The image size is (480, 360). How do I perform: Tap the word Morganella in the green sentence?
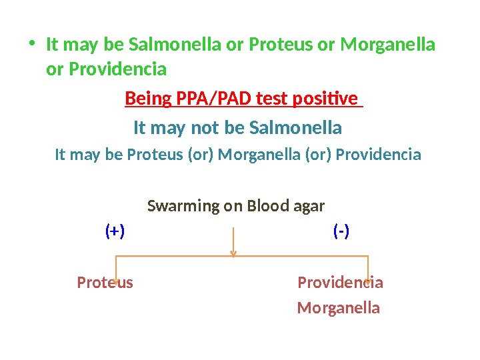(387, 45)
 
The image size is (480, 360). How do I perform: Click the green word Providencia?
(107, 69)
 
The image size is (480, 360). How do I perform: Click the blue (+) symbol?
(115, 231)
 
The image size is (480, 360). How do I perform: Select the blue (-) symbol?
(341, 231)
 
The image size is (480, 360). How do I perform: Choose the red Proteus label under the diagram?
(105, 283)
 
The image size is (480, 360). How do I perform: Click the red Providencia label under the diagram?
(340, 283)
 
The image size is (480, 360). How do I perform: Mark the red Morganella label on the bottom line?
(338, 308)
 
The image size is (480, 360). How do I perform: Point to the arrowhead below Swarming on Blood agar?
(233, 253)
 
